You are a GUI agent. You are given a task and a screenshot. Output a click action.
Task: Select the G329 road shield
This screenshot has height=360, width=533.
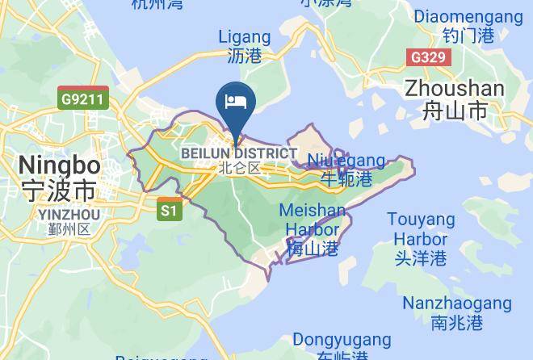pyautogui.click(x=427, y=57)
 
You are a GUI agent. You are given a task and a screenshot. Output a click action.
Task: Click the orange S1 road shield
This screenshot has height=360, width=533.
pyautogui.click(x=169, y=210)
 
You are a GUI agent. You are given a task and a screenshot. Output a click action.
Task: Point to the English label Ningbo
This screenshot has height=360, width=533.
pyautogui.click(x=59, y=165)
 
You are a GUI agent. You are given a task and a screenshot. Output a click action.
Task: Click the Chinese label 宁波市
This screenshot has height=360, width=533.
pyautogui.click(x=59, y=190)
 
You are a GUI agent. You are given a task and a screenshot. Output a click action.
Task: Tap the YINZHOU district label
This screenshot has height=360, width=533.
pyautogui.click(x=69, y=215)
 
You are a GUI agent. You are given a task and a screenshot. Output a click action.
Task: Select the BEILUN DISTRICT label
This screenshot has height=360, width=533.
pyautogui.click(x=238, y=153)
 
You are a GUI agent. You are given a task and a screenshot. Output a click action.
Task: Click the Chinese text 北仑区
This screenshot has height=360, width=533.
pyautogui.click(x=240, y=169)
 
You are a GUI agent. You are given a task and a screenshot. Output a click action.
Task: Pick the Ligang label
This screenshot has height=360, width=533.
pyautogui.click(x=245, y=37)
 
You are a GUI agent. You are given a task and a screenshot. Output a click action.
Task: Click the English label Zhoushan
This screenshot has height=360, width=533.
pyautogui.click(x=455, y=88)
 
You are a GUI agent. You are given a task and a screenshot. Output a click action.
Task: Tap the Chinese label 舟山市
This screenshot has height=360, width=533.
pyautogui.click(x=455, y=111)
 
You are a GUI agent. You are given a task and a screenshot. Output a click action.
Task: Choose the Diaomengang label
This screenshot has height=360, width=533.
pyautogui.click(x=468, y=16)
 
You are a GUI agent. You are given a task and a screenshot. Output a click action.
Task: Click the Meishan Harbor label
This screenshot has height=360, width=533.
pyautogui.click(x=312, y=220)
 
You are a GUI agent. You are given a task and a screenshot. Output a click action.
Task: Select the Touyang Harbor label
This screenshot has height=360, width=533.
pyautogui.click(x=420, y=229)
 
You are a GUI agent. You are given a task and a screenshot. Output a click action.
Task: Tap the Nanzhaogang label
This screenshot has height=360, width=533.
pyautogui.click(x=457, y=303)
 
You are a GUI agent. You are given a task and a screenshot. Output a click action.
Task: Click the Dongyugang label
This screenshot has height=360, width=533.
pyautogui.click(x=342, y=340)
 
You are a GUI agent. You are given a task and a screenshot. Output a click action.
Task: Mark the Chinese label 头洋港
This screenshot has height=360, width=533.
pyautogui.click(x=420, y=259)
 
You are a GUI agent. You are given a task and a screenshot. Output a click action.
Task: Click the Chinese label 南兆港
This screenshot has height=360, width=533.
pyautogui.click(x=457, y=323)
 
